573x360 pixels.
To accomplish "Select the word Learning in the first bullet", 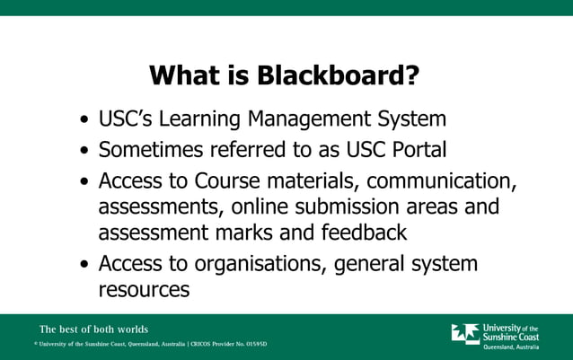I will coord(205,119).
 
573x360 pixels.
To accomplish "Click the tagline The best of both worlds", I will coord(93,329).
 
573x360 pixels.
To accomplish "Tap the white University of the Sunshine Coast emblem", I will coord(464,334).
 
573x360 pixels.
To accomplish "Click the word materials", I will coord(304,180).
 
